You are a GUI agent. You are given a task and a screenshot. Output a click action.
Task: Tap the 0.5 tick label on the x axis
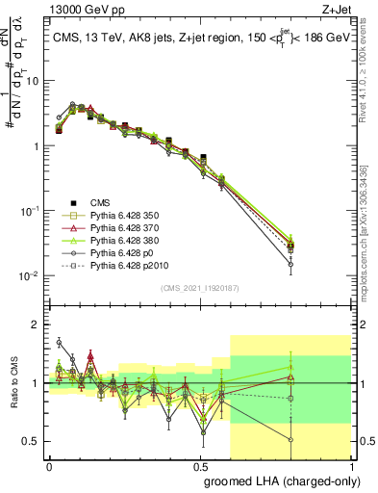tap(200, 465)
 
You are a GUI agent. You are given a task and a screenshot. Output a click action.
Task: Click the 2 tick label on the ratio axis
tap(37, 324)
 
